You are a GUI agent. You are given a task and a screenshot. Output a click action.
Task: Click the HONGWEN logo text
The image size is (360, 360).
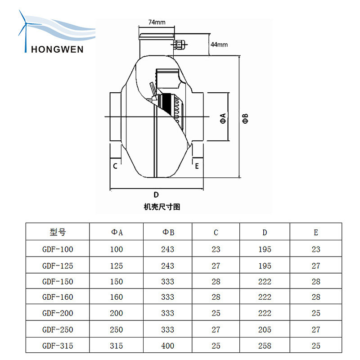tap(57, 49)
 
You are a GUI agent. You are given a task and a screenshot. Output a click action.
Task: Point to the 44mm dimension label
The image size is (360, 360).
tap(219, 45)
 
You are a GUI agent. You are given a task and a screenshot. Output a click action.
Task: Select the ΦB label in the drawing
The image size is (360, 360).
tap(245, 118)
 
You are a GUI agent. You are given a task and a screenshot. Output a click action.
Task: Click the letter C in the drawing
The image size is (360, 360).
tap(115, 166)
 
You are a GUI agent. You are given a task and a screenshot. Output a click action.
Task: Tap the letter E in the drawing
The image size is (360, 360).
tap(197, 166)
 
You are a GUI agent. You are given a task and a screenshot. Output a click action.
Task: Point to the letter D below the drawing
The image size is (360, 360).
tap(156, 195)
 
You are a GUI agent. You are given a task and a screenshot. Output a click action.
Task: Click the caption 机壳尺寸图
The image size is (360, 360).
tap(162, 207)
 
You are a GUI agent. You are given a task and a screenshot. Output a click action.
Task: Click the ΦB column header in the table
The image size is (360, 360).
tap(168, 232)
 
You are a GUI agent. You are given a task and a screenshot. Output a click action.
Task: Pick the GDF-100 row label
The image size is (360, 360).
tap(58, 249)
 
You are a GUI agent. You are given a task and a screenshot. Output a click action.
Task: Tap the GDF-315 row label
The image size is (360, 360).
tap(58, 346)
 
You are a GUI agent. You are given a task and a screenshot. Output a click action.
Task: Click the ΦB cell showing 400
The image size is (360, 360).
tap(168, 346)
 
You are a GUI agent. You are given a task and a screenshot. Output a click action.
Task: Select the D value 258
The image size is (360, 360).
tap(265, 346)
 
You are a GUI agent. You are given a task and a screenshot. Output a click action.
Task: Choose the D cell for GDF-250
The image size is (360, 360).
tap(265, 329)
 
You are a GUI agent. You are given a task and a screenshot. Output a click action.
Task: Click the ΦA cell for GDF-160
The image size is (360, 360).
tap(117, 297)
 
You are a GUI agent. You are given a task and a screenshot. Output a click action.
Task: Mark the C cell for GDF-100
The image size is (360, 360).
tap(216, 249)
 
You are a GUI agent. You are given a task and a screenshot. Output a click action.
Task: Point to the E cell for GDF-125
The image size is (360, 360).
tap(316, 265)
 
